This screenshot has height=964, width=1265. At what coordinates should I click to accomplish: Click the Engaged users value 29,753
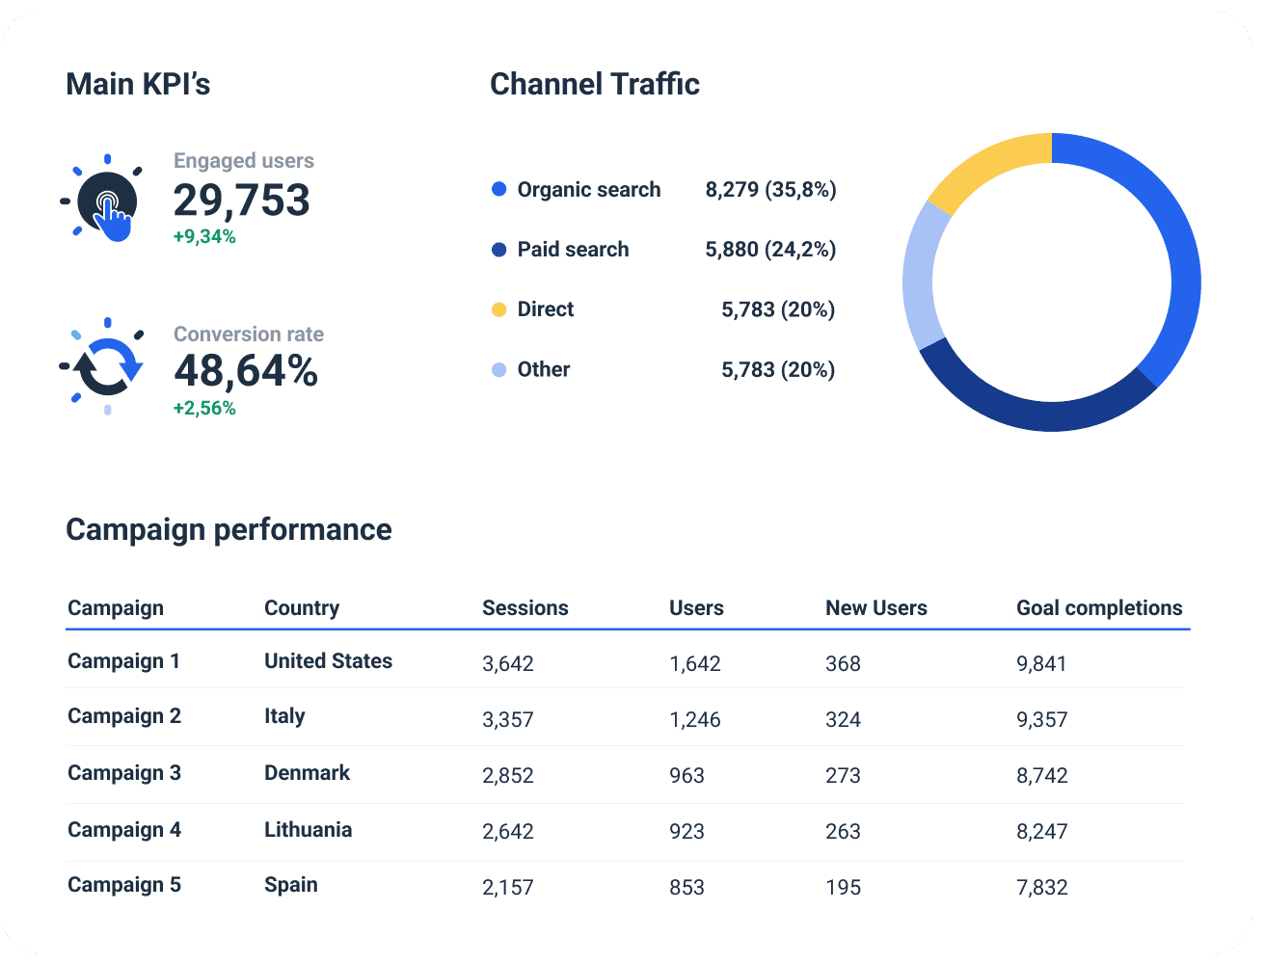point(241,201)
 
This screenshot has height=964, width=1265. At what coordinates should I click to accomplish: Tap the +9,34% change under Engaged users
point(204,237)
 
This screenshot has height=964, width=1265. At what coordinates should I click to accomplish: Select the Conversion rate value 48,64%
point(246,371)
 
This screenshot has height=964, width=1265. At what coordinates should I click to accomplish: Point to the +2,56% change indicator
point(204,409)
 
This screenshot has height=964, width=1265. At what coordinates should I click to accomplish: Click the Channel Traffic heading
point(594,85)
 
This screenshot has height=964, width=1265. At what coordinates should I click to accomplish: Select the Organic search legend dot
point(498,190)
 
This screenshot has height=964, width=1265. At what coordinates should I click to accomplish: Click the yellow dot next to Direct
point(498,309)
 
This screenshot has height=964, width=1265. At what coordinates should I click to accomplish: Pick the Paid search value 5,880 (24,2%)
point(770,250)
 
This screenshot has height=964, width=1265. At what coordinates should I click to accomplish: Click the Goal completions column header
point(1099,608)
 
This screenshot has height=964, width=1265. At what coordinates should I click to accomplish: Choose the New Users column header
point(875,608)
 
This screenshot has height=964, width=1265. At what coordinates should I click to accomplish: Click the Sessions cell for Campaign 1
point(507,664)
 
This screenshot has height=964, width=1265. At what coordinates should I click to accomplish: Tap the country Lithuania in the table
point(308,830)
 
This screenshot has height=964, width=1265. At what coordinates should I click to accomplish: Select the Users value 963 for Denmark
point(686,776)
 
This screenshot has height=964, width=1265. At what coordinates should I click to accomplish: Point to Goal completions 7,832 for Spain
point(1041,888)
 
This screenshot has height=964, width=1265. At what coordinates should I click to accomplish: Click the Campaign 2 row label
point(124,716)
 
